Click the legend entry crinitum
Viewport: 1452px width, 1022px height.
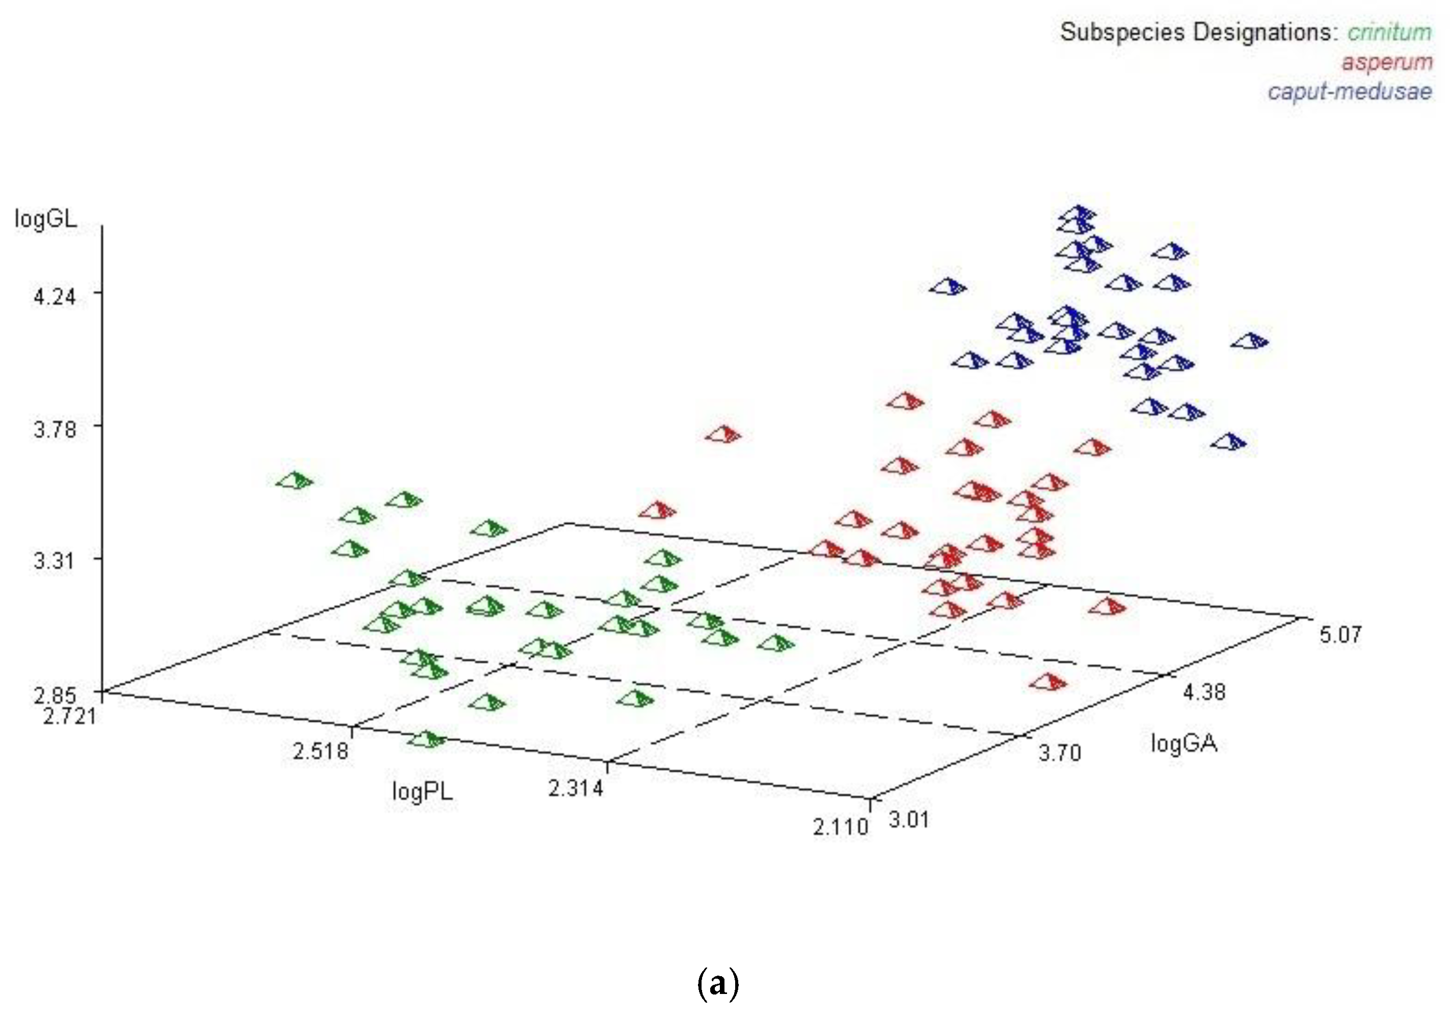click(1389, 32)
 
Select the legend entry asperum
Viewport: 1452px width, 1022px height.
click(1386, 63)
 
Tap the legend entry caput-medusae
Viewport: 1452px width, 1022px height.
click(1350, 92)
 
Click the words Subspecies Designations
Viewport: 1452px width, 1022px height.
click(1198, 32)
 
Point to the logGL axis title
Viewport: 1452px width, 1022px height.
click(45, 220)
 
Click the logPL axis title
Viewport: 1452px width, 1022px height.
click(422, 791)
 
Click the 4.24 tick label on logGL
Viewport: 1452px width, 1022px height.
click(55, 296)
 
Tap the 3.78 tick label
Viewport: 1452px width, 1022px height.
click(55, 429)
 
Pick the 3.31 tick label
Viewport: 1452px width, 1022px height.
click(55, 561)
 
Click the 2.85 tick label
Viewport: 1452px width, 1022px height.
click(55, 696)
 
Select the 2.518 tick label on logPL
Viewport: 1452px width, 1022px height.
click(320, 751)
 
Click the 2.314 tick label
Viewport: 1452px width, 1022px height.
click(576, 789)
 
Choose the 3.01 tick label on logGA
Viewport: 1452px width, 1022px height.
click(909, 820)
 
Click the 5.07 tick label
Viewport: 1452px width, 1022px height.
click(1340, 634)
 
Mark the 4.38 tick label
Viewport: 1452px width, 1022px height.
click(1204, 692)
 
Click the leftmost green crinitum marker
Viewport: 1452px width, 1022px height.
click(294, 481)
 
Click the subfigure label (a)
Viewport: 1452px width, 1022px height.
click(718, 985)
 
